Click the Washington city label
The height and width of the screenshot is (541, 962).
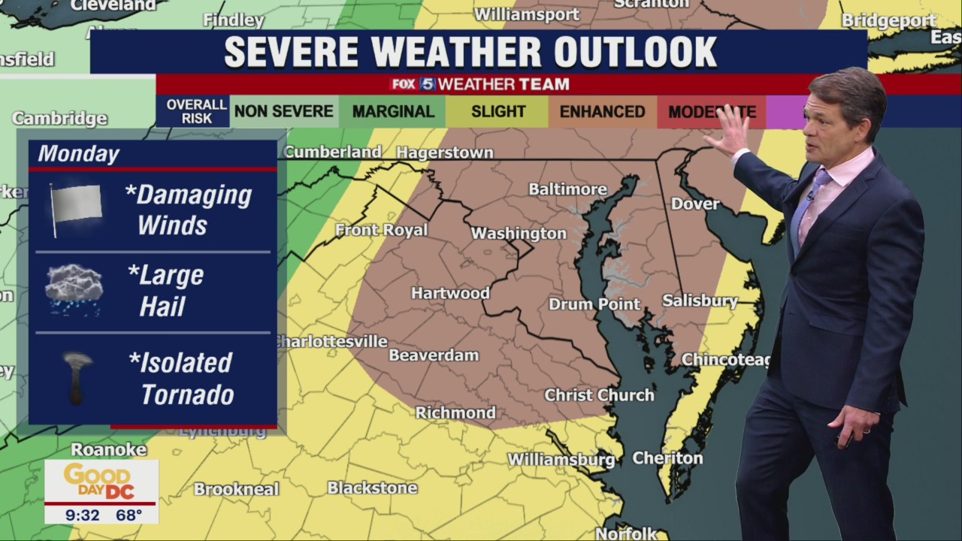point(519,234)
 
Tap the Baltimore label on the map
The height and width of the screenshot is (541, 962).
point(567,189)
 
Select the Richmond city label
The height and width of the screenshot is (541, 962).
point(455,413)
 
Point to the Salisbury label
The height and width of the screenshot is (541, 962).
point(700,301)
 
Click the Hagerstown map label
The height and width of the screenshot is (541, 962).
point(445,153)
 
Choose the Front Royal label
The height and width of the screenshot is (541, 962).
point(381,230)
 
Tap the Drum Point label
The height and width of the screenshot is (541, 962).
point(594,304)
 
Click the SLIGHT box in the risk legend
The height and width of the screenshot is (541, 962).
point(498,112)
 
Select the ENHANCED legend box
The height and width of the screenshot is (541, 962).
point(602,112)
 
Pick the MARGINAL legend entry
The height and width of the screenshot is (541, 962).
point(393,112)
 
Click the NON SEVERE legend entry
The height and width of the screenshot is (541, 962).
point(283,112)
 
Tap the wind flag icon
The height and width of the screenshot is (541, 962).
point(75,207)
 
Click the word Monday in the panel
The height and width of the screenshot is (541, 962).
point(79,154)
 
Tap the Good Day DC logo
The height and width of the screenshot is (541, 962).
point(101,481)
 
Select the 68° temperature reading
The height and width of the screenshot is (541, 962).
point(129,515)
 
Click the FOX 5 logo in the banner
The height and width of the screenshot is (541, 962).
point(412,84)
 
